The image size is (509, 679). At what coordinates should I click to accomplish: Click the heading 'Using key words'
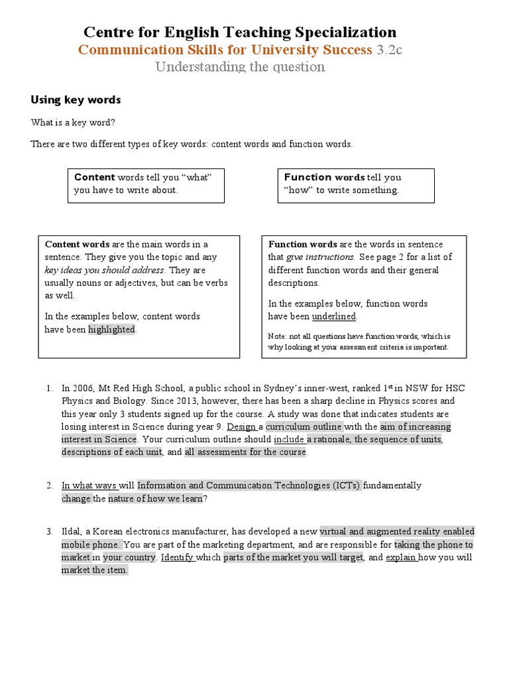(76, 100)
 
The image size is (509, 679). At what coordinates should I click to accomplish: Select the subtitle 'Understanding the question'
(240, 67)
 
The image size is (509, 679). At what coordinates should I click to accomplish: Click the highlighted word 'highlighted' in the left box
(111, 330)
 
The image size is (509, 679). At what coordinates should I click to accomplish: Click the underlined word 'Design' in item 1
(241, 426)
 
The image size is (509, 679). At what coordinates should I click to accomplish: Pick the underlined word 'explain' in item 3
(401, 558)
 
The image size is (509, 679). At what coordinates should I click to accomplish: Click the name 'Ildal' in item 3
(72, 532)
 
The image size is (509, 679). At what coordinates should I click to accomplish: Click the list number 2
(49, 485)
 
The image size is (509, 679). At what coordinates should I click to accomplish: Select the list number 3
(49, 532)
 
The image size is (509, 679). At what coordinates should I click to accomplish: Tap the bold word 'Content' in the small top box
(95, 177)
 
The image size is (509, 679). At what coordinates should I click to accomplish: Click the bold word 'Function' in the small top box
(308, 177)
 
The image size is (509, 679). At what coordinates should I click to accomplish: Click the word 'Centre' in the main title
(106, 32)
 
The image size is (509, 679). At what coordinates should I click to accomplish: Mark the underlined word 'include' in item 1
(288, 440)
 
